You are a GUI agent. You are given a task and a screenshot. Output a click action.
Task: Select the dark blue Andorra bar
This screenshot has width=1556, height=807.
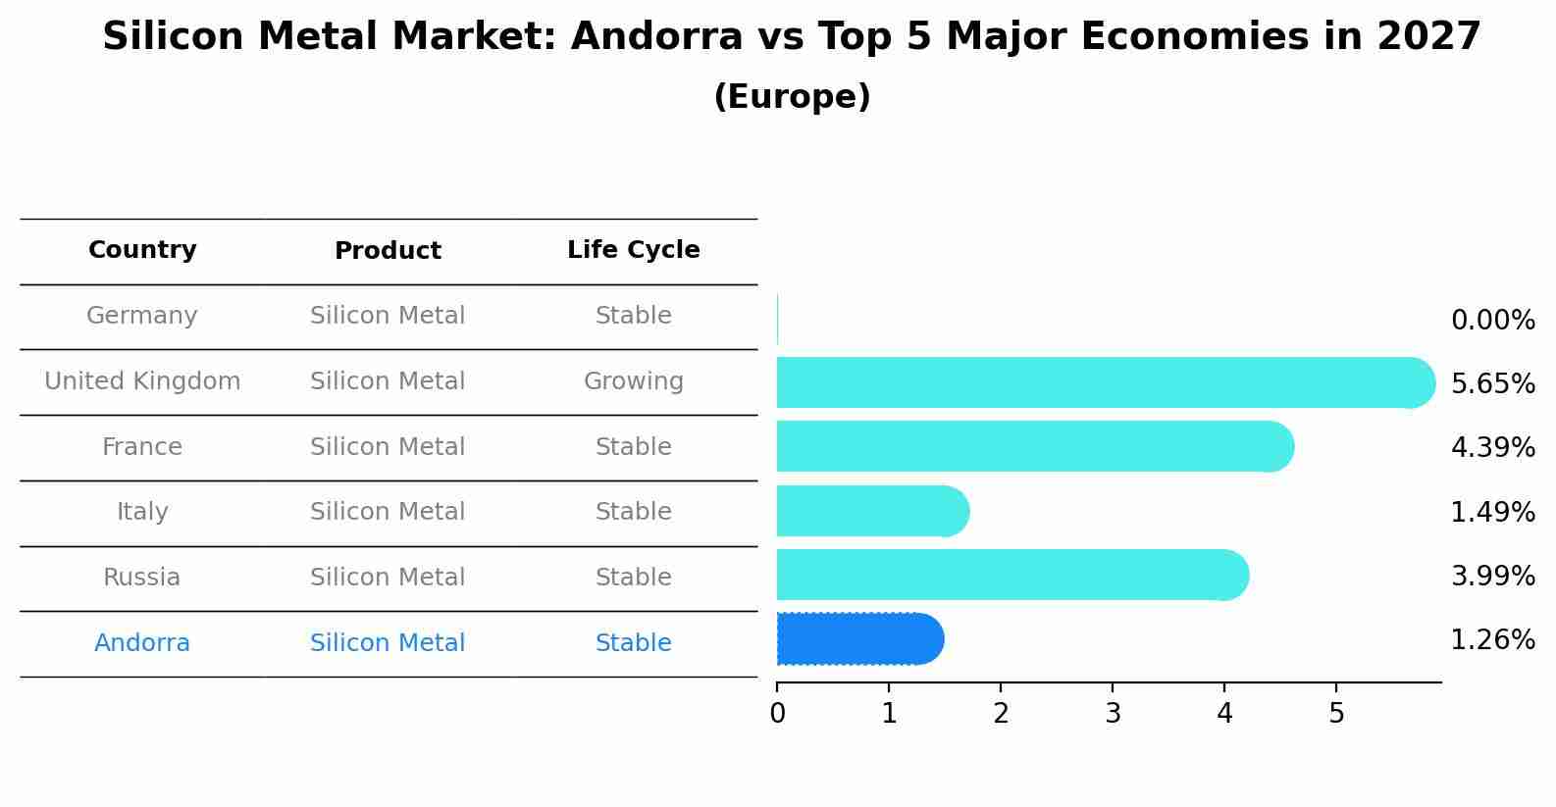(x=858, y=639)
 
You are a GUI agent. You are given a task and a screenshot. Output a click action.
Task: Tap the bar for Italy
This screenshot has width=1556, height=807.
(x=871, y=511)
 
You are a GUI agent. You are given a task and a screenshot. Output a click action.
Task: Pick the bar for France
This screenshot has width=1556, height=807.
(x=1033, y=446)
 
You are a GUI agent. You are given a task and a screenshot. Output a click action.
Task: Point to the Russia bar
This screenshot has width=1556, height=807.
(x=1011, y=575)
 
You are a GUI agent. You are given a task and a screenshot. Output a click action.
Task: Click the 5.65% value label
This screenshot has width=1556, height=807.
(x=1492, y=383)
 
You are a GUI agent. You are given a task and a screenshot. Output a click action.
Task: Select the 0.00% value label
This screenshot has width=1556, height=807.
(x=1492, y=320)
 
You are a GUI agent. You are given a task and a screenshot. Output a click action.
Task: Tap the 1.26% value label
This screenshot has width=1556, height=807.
(x=1492, y=640)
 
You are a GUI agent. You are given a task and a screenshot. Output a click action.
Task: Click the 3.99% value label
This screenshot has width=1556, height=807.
(x=1492, y=576)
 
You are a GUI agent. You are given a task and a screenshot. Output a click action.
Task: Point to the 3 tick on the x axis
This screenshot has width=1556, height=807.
(x=1113, y=713)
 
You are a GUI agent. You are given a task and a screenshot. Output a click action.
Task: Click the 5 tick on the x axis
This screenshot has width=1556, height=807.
(x=1336, y=713)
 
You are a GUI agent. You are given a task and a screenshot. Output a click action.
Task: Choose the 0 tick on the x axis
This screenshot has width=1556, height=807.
(x=777, y=713)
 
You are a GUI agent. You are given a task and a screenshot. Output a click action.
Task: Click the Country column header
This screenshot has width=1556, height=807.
(x=142, y=250)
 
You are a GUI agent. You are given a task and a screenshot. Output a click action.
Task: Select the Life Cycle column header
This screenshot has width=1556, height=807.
(x=633, y=250)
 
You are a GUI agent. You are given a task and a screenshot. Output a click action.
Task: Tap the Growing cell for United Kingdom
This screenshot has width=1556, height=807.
(x=633, y=381)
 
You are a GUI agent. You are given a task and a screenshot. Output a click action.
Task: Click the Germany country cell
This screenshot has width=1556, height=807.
(x=142, y=316)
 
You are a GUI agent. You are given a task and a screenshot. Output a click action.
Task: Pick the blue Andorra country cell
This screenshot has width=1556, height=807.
(x=142, y=643)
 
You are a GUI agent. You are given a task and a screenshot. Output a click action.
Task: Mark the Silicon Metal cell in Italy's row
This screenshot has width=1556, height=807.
(x=388, y=512)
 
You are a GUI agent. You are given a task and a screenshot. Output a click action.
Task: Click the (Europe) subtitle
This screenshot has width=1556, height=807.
(x=792, y=97)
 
